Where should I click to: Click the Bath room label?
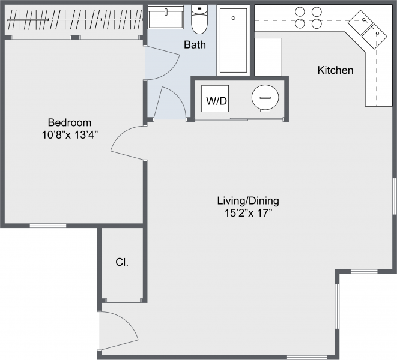[x=195, y=45]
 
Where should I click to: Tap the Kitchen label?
[x=335, y=70]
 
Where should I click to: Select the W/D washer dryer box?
[x=215, y=98]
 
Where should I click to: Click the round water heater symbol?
[x=265, y=98]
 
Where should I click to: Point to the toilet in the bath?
[x=199, y=19]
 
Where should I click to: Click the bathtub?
[x=233, y=40]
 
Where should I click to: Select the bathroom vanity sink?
[x=166, y=17]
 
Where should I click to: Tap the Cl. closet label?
[x=122, y=262]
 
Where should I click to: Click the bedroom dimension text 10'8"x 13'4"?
[x=70, y=135]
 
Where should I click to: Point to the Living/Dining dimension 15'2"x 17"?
[x=248, y=213]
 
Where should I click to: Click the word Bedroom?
[x=70, y=122]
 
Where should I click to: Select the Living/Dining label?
[x=248, y=201]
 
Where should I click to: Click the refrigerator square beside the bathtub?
[x=268, y=56]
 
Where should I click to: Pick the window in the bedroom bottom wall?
[x=48, y=226]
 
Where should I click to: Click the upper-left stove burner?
[x=300, y=11]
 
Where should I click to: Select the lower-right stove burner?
[x=317, y=24]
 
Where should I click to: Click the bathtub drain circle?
[x=234, y=18]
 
